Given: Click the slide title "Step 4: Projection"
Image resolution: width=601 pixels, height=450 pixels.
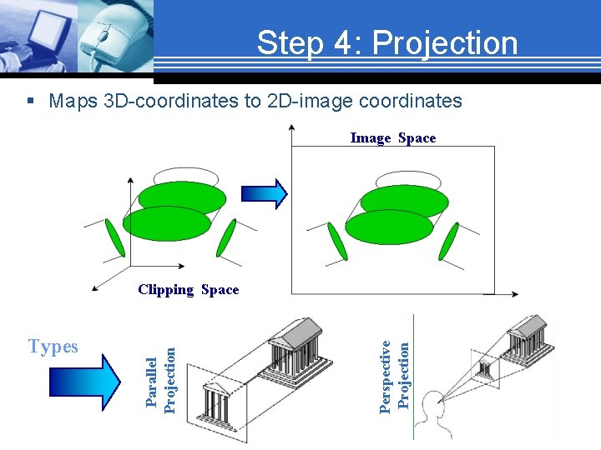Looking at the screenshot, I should point(386,42).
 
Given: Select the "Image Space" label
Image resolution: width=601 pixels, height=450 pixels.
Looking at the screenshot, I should point(392,138).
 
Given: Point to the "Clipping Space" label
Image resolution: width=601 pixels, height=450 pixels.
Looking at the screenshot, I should point(188,290).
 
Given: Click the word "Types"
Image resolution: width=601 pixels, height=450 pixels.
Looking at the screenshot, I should point(53,347).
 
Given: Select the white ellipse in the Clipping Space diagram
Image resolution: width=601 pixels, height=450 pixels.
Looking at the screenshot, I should point(186,178).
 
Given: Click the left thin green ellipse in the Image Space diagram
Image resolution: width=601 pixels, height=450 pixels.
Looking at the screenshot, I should point(336,241).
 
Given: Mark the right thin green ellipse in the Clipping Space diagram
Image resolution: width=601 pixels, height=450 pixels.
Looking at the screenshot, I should point(225,239).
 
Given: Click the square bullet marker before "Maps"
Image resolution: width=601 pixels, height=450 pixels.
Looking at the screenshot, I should point(31,102).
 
